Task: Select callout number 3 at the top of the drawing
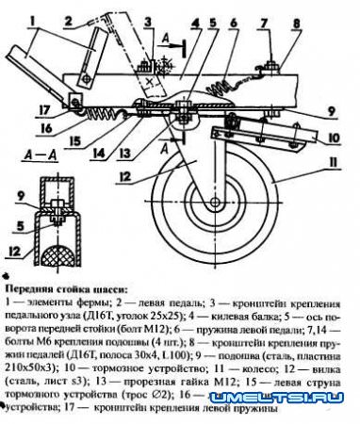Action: click(x=148, y=20)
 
